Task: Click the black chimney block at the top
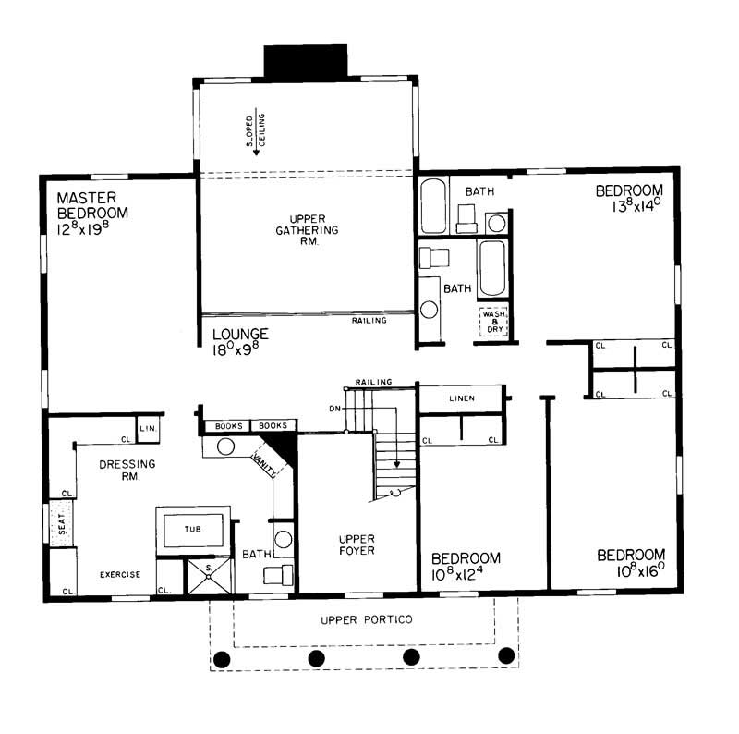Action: click(x=306, y=61)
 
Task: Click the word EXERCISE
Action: click(x=121, y=575)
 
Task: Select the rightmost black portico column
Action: click(x=506, y=656)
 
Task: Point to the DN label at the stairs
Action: click(x=334, y=408)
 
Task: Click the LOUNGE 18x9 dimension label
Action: click(x=240, y=342)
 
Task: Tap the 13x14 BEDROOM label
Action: click(x=629, y=200)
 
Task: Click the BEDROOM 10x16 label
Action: click(x=631, y=563)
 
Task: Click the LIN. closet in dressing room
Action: click(x=148, y=428)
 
